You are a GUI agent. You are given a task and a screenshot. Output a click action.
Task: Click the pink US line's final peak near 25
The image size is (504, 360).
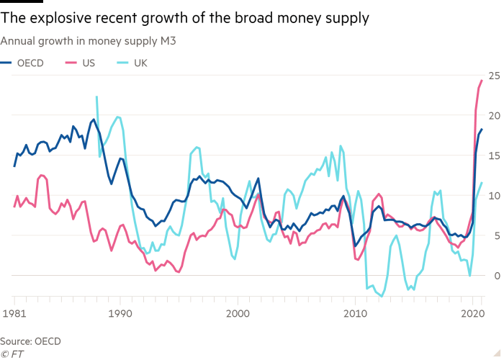pos(482,79)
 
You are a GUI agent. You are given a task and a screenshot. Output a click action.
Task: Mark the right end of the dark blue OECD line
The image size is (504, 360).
pos(482,129)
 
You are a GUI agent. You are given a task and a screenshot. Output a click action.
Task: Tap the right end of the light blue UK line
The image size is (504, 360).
pos(482,183)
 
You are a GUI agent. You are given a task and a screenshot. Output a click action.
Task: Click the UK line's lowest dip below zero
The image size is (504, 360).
pos(382,295)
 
